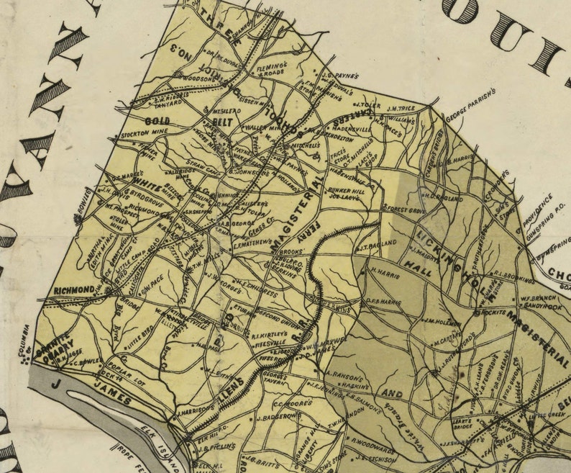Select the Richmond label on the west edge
74,290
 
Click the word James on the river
113,398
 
